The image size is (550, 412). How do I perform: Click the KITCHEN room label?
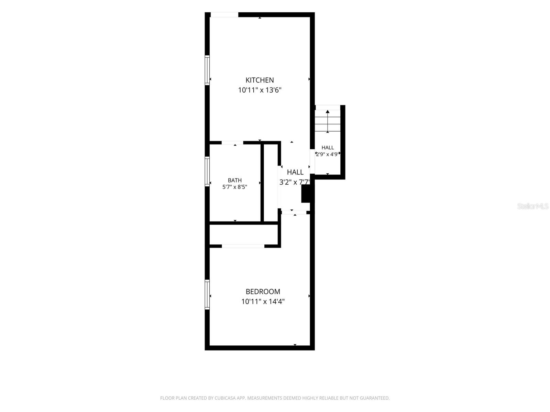259,80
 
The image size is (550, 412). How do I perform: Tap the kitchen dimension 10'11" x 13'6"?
260,90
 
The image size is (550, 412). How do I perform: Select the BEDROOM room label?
263,291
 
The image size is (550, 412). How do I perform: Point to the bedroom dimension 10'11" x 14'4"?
263,301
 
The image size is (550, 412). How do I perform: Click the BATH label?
235,180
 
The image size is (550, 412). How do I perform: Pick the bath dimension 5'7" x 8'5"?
235,187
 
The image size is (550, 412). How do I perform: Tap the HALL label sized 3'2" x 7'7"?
295,172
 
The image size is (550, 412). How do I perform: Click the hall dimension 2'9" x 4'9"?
328,154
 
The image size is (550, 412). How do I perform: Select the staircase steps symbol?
328,121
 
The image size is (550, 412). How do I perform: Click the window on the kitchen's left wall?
207,70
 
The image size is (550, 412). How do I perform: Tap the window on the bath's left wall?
207,171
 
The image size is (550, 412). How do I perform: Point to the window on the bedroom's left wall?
207,295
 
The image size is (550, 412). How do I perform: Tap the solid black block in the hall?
306,194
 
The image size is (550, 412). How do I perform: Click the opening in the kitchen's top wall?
224,15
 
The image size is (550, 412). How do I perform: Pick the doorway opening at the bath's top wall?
232,143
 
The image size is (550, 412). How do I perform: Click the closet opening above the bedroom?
243,246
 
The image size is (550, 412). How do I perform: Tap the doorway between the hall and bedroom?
294,213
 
